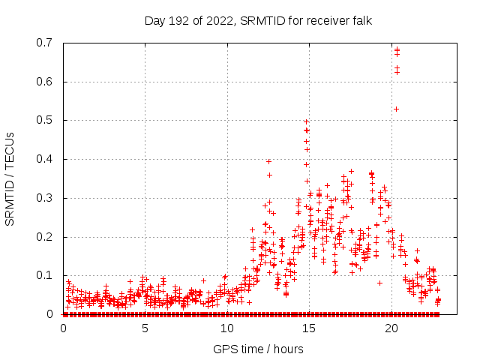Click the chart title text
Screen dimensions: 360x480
tap(258, 20)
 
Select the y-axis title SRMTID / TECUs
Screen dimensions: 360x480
tap(10, 178)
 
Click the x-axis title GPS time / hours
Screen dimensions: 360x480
tap(258, 349)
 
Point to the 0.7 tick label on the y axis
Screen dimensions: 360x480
tap(45, 43)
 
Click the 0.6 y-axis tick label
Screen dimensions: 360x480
tap(45, 82)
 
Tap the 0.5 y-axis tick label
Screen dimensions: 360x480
tap(45, 120)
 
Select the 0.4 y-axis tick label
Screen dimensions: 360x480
tap(45, 159)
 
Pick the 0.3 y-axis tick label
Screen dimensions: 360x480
tap(45, 198)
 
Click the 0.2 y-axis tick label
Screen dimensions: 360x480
tap(45, 237)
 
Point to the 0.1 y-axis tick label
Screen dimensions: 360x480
tap(45, 275)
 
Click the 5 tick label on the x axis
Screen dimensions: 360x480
tap(145, 328)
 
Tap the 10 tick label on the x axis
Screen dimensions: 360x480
tap(226, 328)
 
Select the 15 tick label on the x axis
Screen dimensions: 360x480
tap(308, 328)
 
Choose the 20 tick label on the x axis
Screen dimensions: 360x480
tap(390, 328)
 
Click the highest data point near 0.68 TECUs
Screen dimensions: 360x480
tap(397, 49)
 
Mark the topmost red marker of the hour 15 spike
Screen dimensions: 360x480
tap(306, 121)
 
